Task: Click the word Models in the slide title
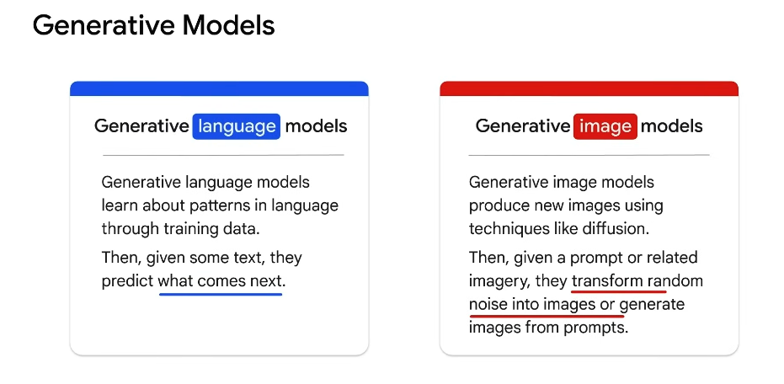[x=228, y=25]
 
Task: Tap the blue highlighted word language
[x=237, y=126]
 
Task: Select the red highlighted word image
[x=605, y=126]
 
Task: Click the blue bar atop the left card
[x=219, y=88]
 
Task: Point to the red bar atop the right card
[x=589, y=88]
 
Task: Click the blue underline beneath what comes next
[x=221, y=295]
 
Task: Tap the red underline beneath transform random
[x=619, y=291]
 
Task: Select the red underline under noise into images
[x=547, y=316]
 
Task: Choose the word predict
[x=127, y=281]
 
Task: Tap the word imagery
[x=499, y=282]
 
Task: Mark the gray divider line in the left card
[x=223, y=155]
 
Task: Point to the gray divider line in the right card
[x=589, y=155]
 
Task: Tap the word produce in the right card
[x=500, y=206]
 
